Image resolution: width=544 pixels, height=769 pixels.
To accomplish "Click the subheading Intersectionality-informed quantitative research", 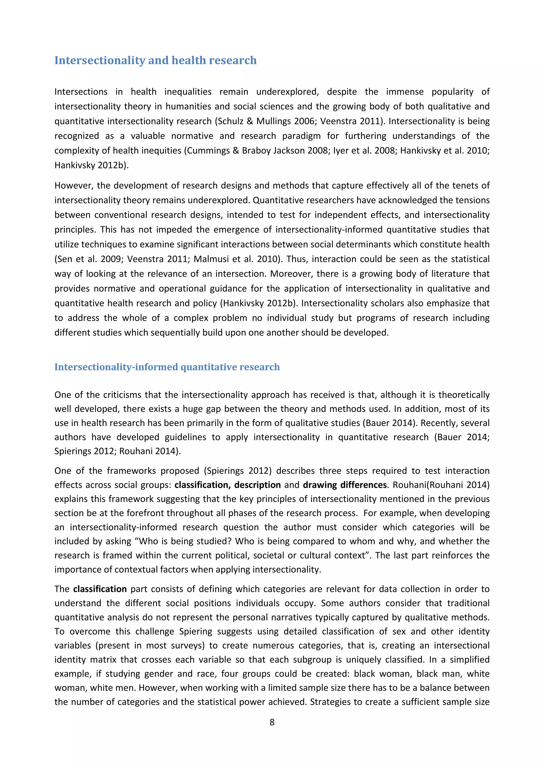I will pyautogui.click(x=167, y=367).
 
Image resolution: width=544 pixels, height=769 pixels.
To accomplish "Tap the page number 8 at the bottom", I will pyautogui.click(x=272, y=722).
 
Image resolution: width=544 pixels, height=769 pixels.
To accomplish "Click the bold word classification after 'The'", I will pyautogui.click(x=100, y=589).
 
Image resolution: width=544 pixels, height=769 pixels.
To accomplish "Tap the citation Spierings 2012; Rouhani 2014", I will pyautogui.click(x=117, y=451).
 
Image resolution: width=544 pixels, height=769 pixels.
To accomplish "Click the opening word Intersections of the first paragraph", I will pyautogui.click(x=81, y=92).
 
